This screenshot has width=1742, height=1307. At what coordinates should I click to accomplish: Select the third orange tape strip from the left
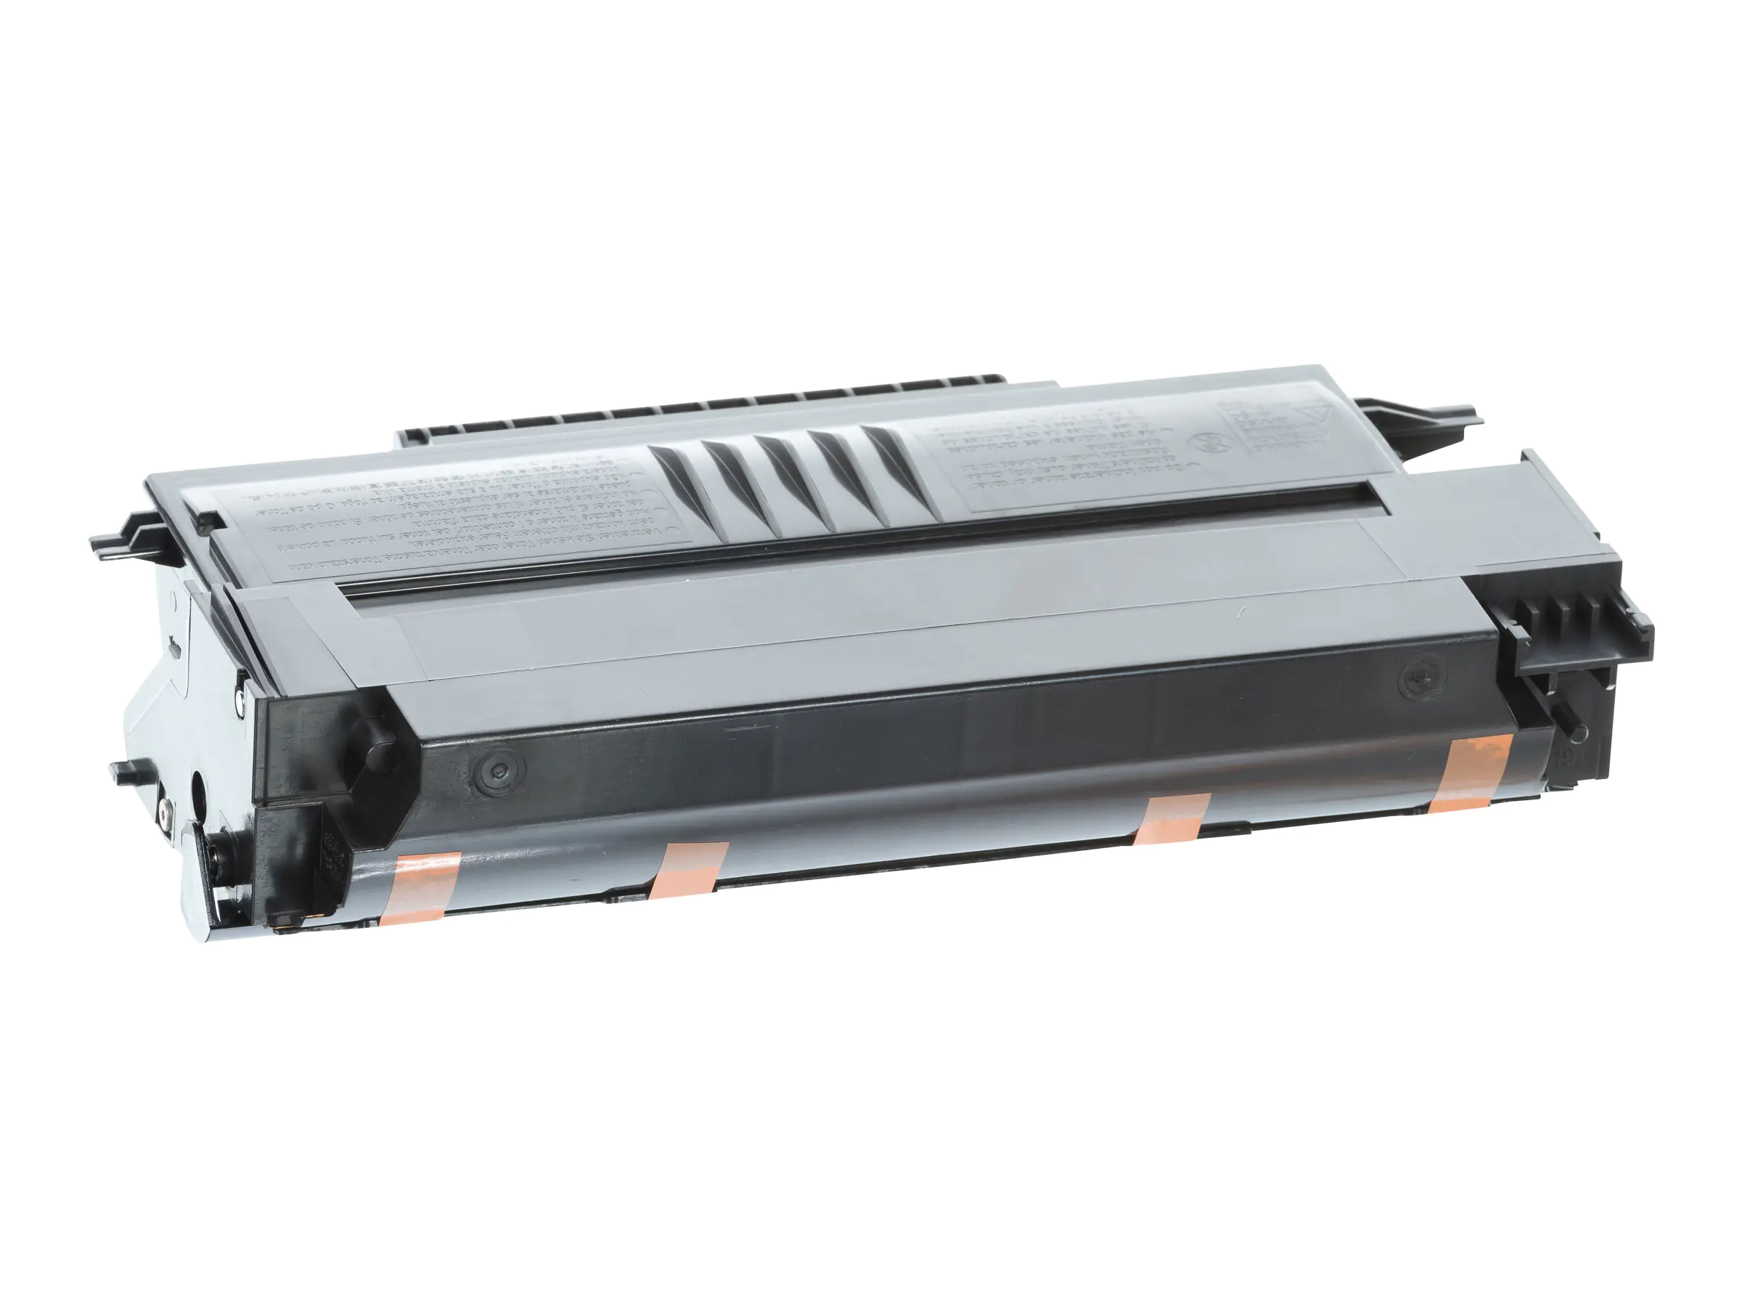[1171, 819]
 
